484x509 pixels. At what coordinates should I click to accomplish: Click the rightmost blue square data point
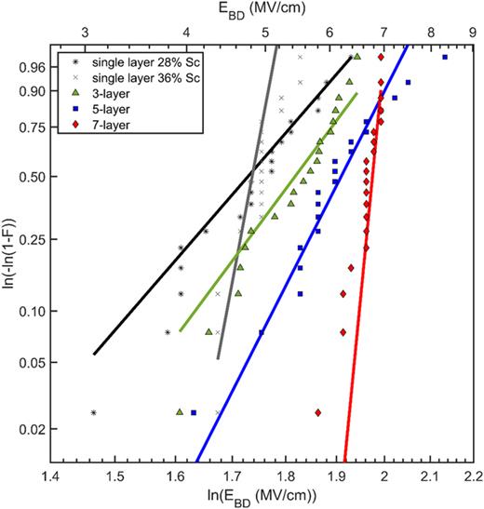(444, 58)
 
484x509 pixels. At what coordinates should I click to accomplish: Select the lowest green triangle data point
(180, 410)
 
